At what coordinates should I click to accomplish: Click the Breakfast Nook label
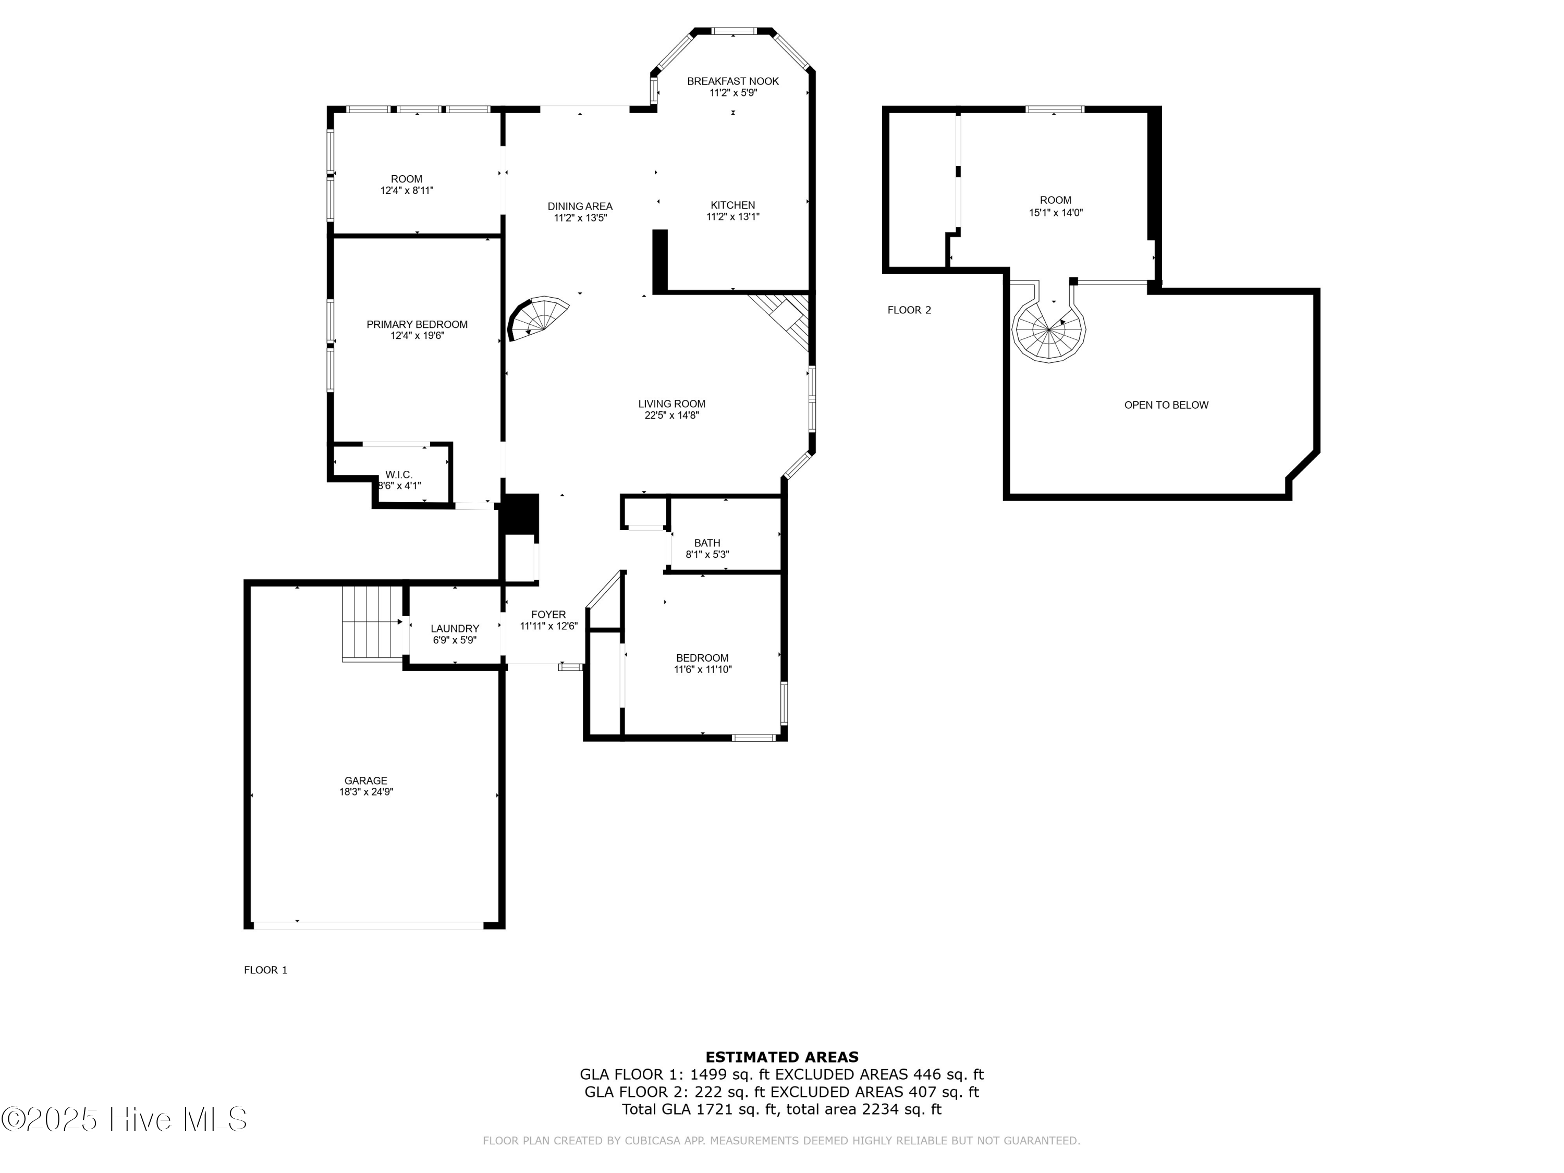tap(732, 81)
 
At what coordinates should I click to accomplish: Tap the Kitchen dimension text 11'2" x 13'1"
tap(732, 217)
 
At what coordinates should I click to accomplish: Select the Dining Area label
tap(580, 206)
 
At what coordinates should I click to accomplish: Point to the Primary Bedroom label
tap(417, 325)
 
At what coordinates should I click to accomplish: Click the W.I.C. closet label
tap(399, 474)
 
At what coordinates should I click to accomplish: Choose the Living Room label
tap(671, 404)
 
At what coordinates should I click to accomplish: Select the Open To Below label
tap(1166, 405)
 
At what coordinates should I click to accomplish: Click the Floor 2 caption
tap(909, 310)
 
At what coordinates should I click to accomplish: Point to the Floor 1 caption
tap(265, 970)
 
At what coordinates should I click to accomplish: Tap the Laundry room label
tap(455, 629)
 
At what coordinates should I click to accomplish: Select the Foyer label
tap(548, 615)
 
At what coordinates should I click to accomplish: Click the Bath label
tap(707, 543)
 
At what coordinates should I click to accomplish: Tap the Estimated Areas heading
tap(781, 1057)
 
